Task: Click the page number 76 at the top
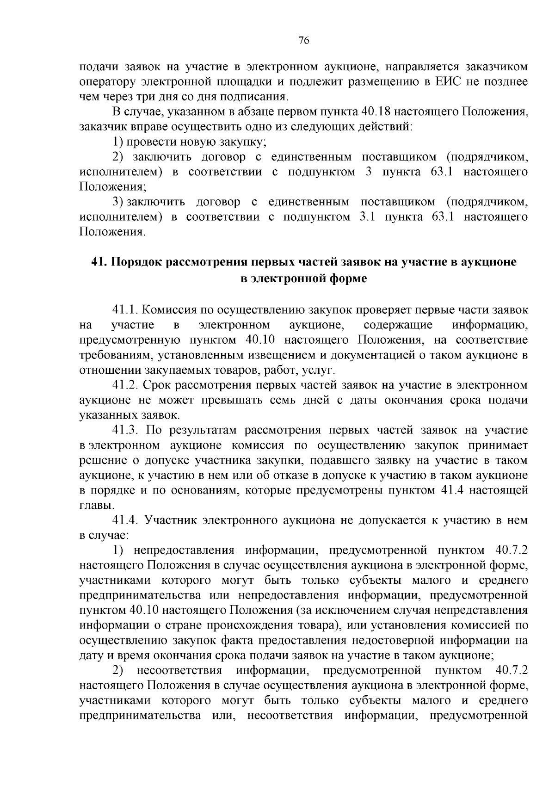[304, 41]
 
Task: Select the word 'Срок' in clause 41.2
[155, 385]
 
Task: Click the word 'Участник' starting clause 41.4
[168, 520]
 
